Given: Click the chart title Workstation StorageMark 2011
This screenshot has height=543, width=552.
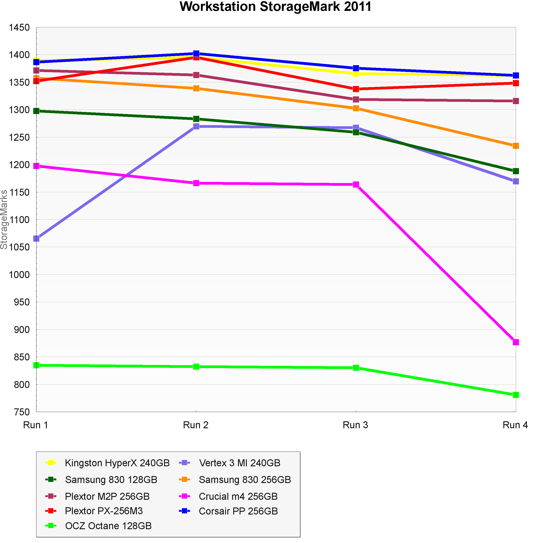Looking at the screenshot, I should click(275, 7).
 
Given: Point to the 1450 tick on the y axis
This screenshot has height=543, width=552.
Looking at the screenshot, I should click(19, 28).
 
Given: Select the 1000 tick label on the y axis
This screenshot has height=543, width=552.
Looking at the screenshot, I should click(19, 275).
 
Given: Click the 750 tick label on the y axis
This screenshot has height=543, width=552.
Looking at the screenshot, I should click(22, 412).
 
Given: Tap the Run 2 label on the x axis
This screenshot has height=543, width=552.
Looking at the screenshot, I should click(196, 425).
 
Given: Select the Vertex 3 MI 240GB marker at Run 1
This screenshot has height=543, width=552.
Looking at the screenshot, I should click(36, 238).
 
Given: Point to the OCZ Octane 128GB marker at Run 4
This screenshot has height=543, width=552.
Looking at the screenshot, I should click(516, 395).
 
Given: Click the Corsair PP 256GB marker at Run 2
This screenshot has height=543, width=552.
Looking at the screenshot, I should click(196, 53).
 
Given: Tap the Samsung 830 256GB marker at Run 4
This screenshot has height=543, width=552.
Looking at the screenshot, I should click(516, 146).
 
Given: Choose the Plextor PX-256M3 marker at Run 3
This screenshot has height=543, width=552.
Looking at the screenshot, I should click(356, 89).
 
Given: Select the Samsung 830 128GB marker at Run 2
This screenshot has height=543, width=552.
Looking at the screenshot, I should click(196, 119).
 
